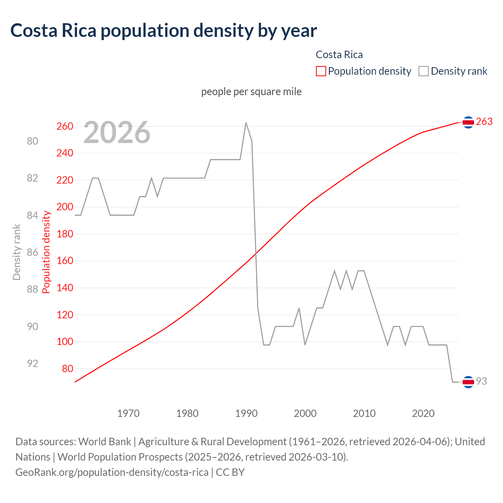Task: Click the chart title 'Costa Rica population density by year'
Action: [x=163, y=31]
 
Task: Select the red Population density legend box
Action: [x=321, y=71]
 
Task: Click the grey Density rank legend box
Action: [x=423, y=71]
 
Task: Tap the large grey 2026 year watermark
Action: [x=117, y=132]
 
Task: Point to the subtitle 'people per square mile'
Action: [x=251, y=92]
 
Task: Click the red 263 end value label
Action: [x=484, y=122]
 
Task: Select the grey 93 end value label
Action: [x=481, y=381]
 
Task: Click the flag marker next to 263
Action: [x=468, y=123]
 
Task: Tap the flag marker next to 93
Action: [x=468, y=382]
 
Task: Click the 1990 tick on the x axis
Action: [x=246, y=413]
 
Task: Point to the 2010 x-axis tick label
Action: [x=364, y=413]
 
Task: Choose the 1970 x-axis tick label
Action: [x=129, y=413]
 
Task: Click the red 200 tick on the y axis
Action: [x=65, y=207]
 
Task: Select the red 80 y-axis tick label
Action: [x=67, y=369]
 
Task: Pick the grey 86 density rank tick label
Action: [x=33, y=252]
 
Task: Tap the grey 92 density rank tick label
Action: [x=33, y=363]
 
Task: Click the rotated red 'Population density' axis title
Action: [x=46, y=252]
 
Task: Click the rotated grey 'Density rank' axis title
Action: [x=17, y=252]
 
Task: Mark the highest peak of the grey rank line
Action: [x=246, y=123]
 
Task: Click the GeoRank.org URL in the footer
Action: [x=112, y=472]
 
